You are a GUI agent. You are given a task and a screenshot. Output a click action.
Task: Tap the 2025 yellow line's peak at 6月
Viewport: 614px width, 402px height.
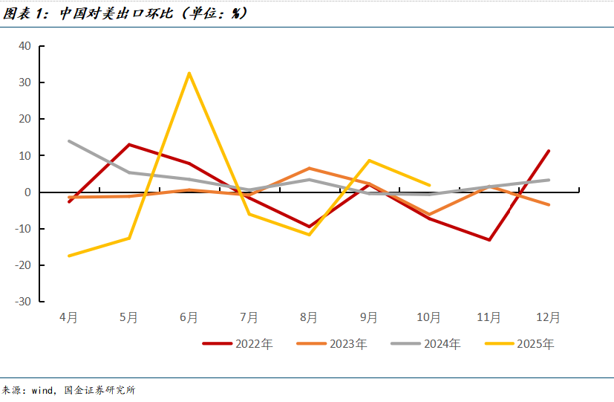point(189,73)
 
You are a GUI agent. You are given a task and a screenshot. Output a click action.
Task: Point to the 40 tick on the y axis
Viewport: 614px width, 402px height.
point(25,46)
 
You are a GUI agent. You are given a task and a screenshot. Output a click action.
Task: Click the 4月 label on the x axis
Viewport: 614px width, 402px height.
point(68,317)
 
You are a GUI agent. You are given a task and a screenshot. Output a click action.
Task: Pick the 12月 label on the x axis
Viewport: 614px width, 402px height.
point(548,317)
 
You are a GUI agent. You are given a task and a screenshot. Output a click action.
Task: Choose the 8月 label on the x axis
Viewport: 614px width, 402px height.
point(309,317)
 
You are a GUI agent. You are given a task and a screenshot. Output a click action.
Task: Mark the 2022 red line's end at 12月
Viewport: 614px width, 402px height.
point(549,151)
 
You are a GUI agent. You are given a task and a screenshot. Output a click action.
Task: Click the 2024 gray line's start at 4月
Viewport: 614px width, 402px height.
point(69,141)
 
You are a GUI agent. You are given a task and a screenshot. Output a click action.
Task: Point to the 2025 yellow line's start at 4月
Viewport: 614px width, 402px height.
point(69,256)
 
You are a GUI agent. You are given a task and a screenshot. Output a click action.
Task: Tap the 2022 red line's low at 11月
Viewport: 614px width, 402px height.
point(489,240)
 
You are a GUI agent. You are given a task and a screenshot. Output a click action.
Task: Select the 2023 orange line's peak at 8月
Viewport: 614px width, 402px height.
point(310,169)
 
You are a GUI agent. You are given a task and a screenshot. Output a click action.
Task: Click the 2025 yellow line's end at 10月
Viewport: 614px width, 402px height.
point(429,185)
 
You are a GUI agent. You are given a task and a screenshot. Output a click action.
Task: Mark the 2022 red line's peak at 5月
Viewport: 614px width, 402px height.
point(129,145)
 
